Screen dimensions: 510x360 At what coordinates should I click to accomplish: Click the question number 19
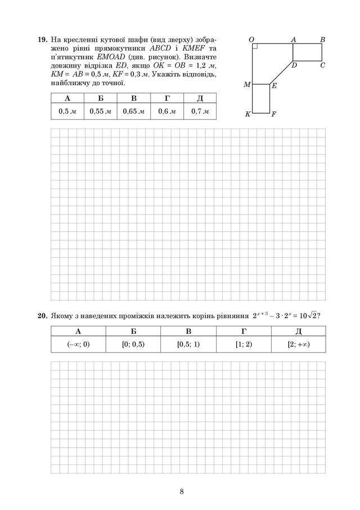43,41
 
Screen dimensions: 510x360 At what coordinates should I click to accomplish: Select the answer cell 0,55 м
100,111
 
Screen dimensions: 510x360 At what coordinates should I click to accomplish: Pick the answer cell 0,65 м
133,111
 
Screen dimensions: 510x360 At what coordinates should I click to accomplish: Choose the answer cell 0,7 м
200,111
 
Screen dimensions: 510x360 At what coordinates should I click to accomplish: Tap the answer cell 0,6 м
166,111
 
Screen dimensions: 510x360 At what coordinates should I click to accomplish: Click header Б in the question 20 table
133,330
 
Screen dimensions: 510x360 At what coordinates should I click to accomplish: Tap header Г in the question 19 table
166,99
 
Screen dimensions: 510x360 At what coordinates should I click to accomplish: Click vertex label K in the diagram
247,114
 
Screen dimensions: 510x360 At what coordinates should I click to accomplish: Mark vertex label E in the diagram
274,86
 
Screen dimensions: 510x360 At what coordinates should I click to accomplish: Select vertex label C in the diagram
322,65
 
